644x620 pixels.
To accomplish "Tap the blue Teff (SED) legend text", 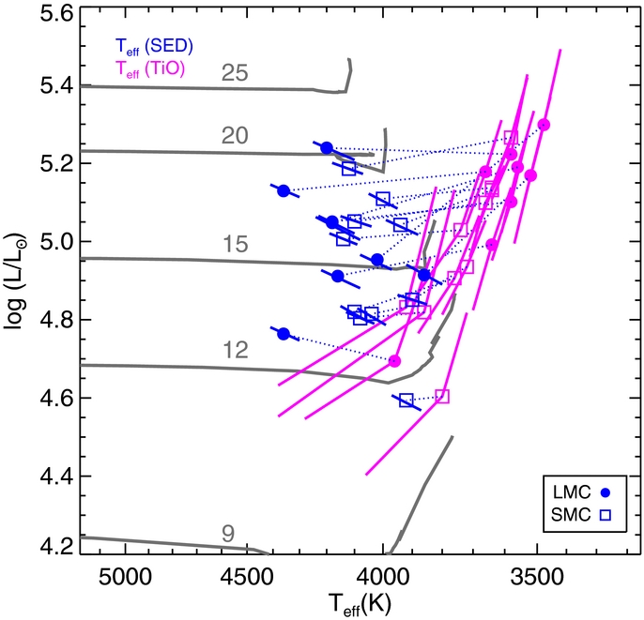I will [x=155, y=45].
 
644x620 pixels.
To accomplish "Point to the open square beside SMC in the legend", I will [x=606, y=515].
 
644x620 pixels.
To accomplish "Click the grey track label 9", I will [x=227, y=533].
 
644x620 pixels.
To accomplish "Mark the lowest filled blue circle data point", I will [x=284, y=334].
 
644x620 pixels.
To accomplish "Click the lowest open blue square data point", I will [x=406, y=401].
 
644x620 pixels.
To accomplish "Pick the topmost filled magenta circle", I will [x=544, y=125].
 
